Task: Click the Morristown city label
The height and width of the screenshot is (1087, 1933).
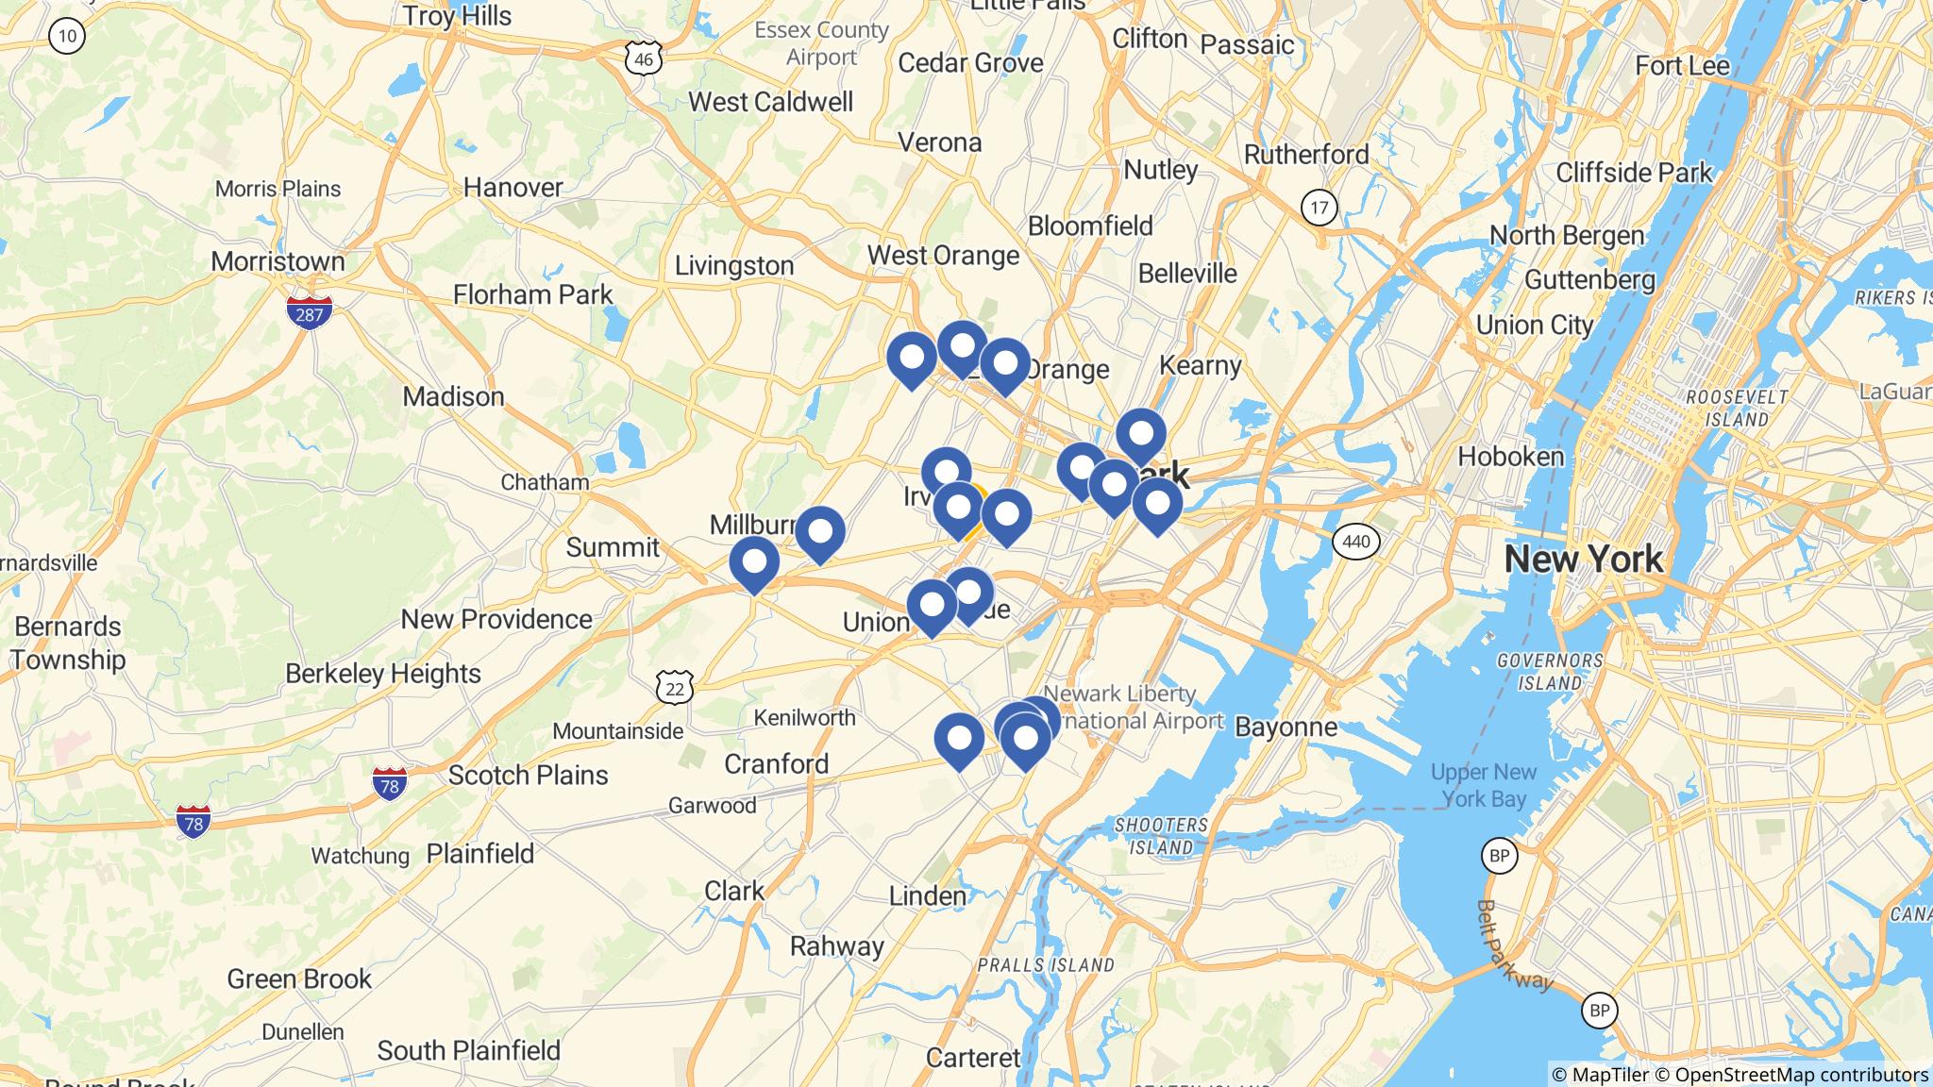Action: coord(277,261)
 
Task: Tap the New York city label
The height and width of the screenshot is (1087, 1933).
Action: coord(1583,559)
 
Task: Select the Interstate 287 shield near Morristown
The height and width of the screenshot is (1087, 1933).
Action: coord(310,312)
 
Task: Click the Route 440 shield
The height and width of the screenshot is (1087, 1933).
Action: coord(1355,542)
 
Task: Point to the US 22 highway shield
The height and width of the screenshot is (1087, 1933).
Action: coord(675,688)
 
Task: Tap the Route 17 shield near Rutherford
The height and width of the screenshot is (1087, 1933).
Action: coord(1319,208)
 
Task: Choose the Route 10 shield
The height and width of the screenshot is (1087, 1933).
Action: coord(67,37)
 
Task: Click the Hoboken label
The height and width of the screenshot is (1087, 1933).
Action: coord(1511,457)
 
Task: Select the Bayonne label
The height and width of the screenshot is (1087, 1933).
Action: coord(1286,727)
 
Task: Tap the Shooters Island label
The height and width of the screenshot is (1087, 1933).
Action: coord(1161,835)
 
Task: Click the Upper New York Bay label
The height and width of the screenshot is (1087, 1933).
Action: coord(1484,785)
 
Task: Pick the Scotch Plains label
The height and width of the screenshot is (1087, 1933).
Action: coord(528,775)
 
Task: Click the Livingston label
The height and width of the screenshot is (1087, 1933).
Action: coord(733,266)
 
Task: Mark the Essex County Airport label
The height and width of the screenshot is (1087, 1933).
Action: coord(821,43)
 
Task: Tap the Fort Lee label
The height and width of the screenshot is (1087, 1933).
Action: coord(1682,65)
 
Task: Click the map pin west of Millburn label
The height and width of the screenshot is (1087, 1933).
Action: coord(754,563)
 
